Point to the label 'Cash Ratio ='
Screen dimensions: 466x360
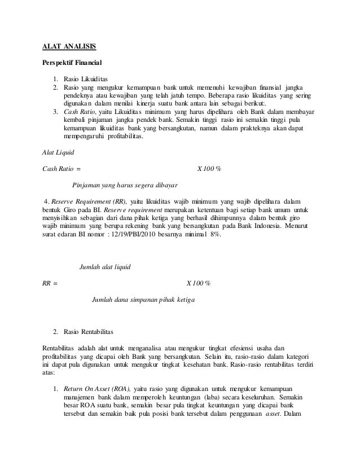62,168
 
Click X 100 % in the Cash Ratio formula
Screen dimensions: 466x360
209,168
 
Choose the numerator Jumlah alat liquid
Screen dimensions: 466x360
107,266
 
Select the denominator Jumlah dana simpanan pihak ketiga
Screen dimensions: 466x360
143,299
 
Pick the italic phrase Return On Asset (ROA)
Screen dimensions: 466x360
97,389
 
